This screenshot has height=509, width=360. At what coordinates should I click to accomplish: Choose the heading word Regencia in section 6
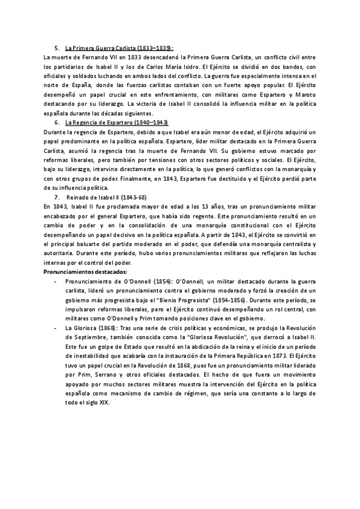click(x=87, y=122)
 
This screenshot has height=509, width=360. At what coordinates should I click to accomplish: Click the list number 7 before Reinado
click(x=56, y=197)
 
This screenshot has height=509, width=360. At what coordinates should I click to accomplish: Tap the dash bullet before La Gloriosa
click(x=56, y=330)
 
